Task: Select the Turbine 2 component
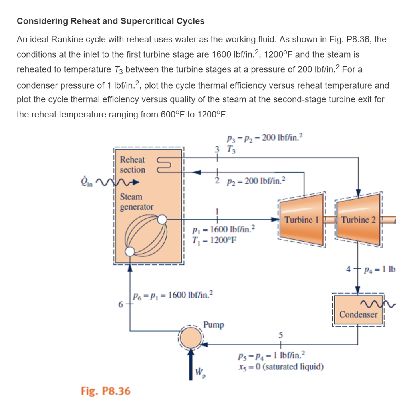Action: (358, 220)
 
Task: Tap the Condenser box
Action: (358, 314)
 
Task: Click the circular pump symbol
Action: (191, 338)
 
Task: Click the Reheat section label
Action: (133, 165)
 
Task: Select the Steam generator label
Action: (137, 202)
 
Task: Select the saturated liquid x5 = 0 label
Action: (280, 367)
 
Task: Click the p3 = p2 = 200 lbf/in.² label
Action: (264, 139)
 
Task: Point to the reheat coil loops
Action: (165, 165)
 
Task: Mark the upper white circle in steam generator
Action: (162, 219)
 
